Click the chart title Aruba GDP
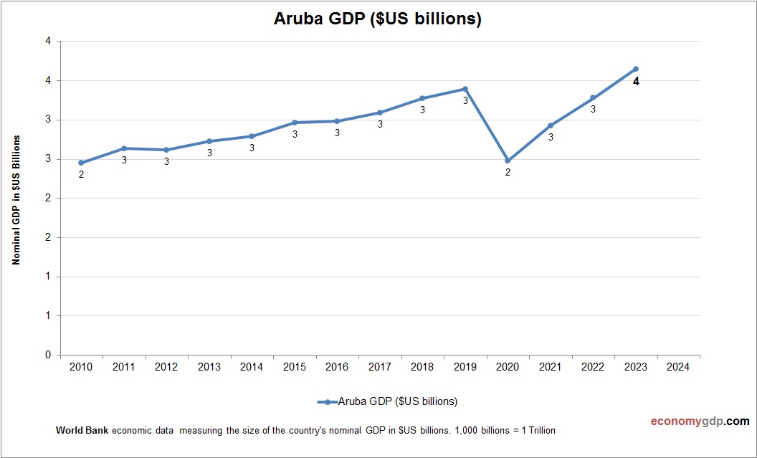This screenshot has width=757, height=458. point(377,19)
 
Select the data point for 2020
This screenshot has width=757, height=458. point(508,161)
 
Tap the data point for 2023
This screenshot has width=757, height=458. point(635,69)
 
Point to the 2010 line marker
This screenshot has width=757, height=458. point(81,163)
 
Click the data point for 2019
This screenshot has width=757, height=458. point(465,89)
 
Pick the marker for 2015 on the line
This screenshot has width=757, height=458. point(295,123)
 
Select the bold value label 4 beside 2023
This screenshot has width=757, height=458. point(635,82)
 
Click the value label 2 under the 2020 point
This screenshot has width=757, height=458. point(508,172)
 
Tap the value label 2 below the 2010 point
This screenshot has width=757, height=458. point(81,174)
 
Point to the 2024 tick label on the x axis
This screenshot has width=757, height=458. point(678,367)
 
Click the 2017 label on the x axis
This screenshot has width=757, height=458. point(380,367)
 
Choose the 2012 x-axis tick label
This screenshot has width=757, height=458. point(166,367)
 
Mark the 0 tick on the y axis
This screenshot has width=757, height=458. point(48,355)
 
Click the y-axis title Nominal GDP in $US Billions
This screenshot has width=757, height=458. point(16,200)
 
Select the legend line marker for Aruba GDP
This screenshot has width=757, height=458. point(327,401)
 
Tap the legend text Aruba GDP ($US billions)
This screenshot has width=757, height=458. point(397,401)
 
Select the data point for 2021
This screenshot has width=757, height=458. point(551,125)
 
